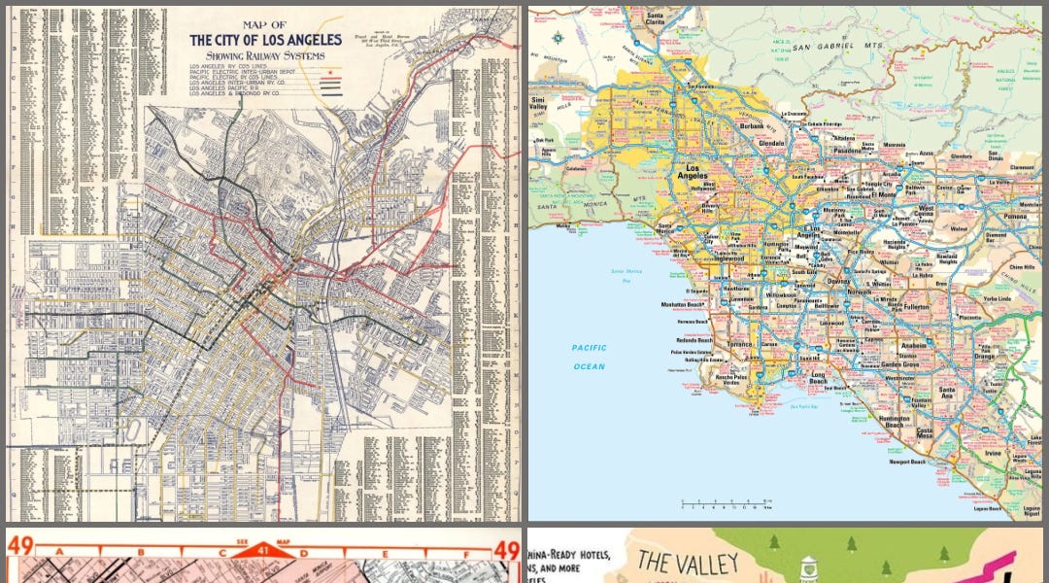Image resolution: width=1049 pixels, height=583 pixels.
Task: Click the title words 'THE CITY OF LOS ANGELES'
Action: (x=265, y=40)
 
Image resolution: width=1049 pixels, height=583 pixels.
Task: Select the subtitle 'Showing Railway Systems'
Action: (x=265, y=55)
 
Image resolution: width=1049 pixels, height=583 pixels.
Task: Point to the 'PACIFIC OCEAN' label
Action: (x=589, y=357)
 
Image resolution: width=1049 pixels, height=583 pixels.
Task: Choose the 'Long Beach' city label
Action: (x=818, y=379)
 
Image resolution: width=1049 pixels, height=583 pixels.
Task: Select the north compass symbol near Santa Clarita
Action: (x=560, y=38)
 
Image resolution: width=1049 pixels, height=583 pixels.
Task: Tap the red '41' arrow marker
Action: (x=263, y=550)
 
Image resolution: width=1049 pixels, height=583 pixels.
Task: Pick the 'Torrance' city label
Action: (x=740, y=343)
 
